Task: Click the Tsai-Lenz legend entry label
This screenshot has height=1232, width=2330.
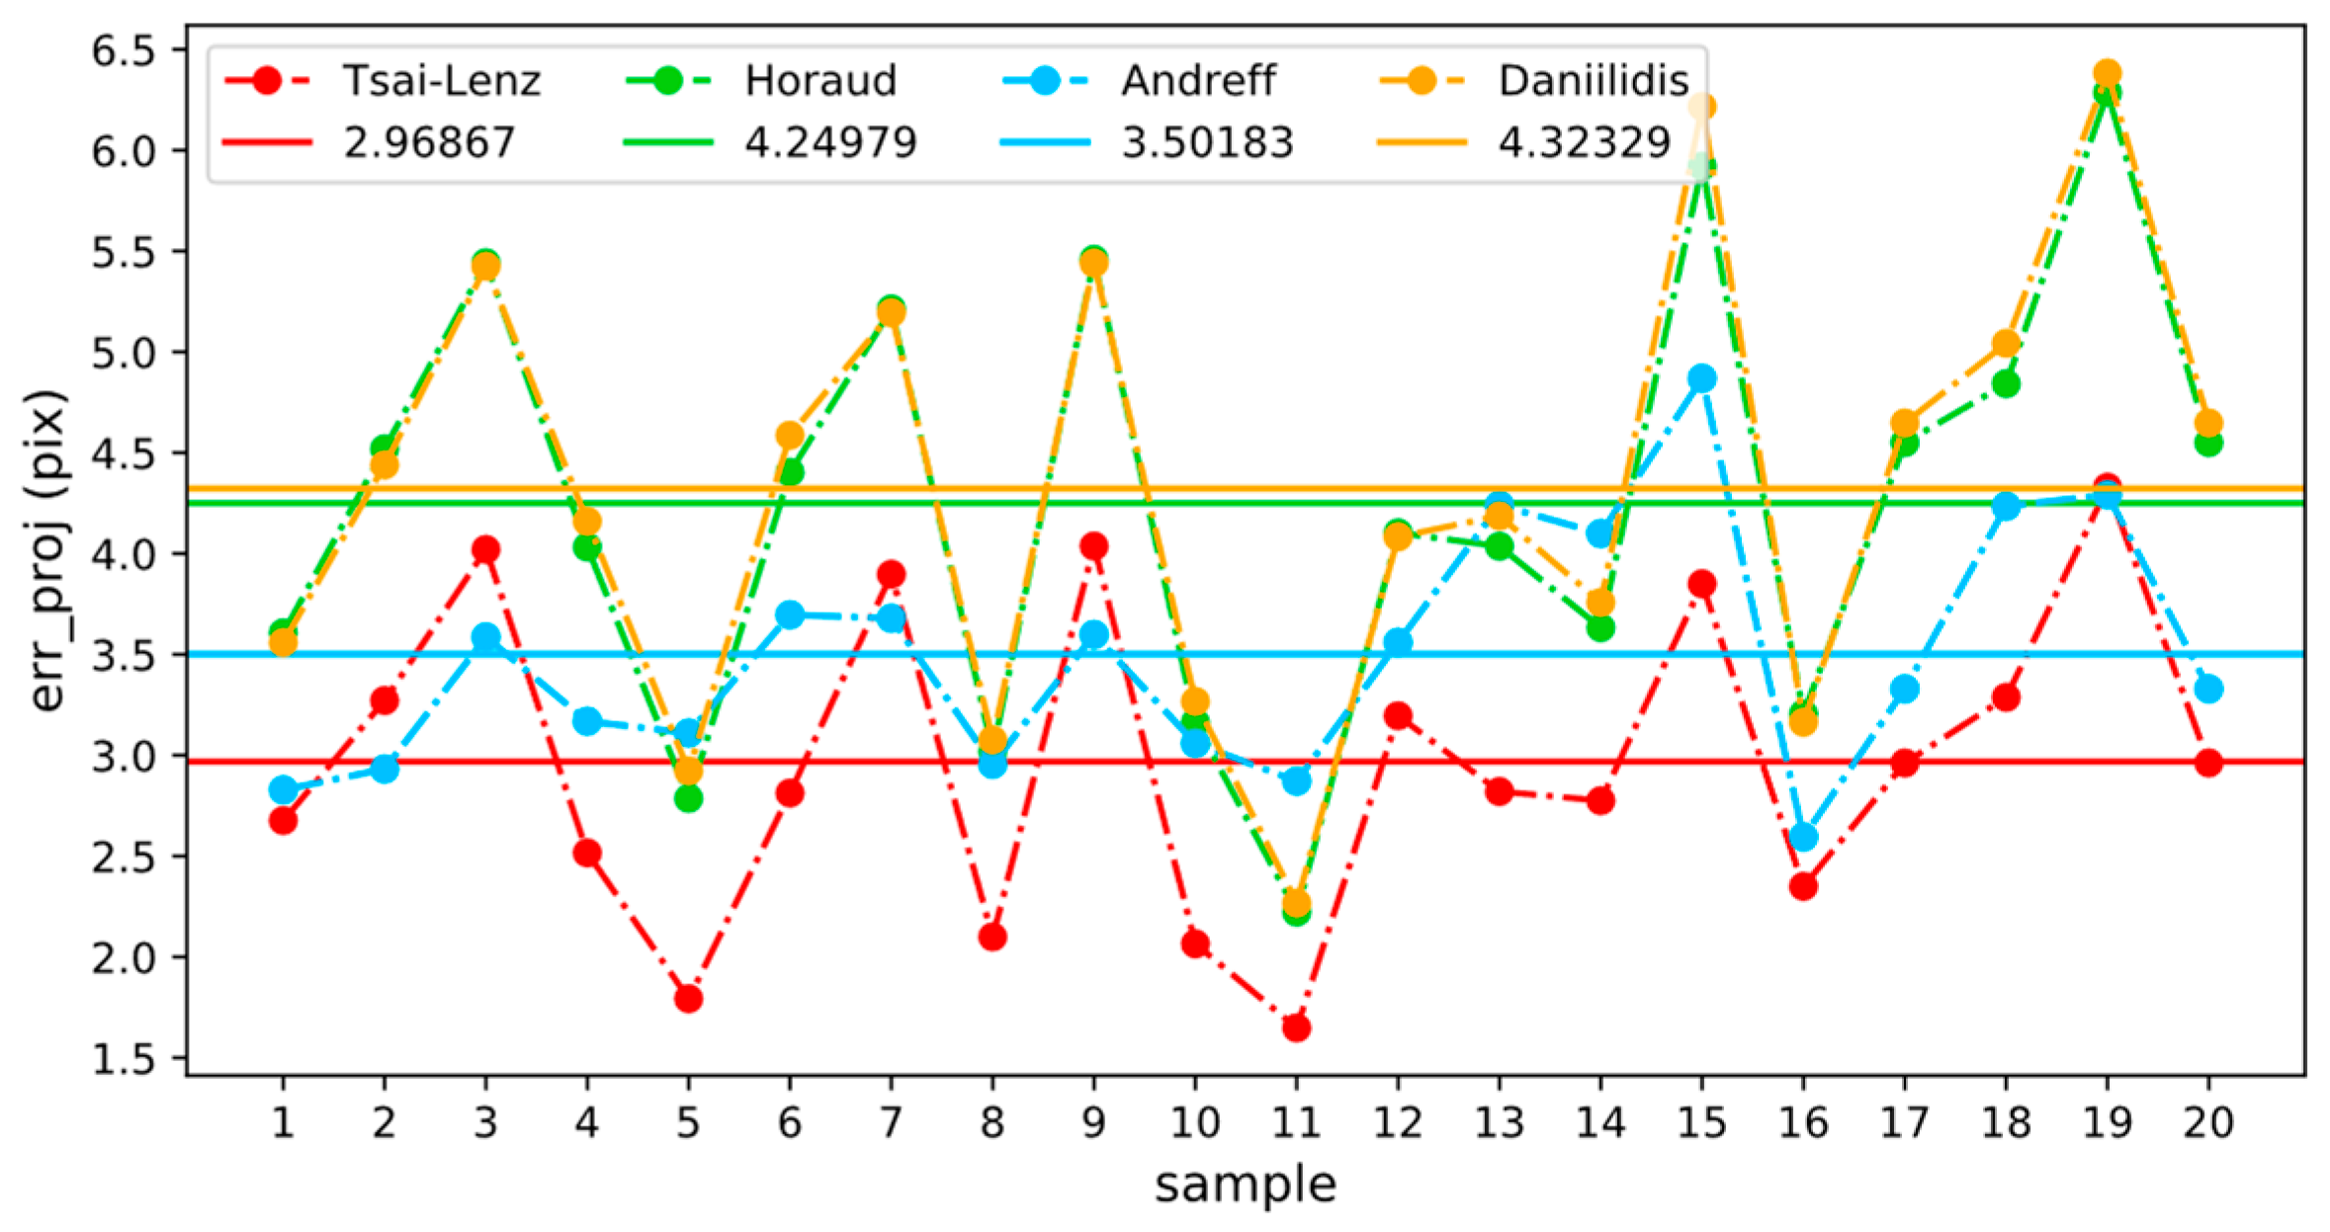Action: tap(441, 81)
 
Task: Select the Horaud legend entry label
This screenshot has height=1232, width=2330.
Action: tap(820, 81)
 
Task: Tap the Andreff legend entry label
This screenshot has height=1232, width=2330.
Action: tap(1198, 81)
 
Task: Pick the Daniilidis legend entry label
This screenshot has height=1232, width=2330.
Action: tap(1594, 81)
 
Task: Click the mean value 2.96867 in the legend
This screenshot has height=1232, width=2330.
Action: tap(429, 143)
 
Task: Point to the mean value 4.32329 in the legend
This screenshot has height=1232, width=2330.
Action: tap(1584, 143)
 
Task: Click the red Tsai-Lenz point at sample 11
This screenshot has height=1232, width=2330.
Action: tap(1296, 1028)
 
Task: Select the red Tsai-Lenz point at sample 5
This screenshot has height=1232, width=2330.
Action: tap(688, 999)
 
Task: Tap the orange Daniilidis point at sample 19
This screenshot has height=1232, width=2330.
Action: tap(2107, 73)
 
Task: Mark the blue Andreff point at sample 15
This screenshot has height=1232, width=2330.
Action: tap(1701, 378)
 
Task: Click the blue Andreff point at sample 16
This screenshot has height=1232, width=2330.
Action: tap(1803, 837)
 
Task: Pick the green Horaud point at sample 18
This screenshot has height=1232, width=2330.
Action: tap(2006, 384)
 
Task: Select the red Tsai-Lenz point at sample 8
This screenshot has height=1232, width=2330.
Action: tap(992, 937)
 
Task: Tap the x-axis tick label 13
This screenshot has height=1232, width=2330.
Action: tap(1499, 1122)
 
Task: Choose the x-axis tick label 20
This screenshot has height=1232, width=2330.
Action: tap(2208, 1122)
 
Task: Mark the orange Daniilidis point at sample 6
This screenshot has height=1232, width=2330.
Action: tap(790, 435)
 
